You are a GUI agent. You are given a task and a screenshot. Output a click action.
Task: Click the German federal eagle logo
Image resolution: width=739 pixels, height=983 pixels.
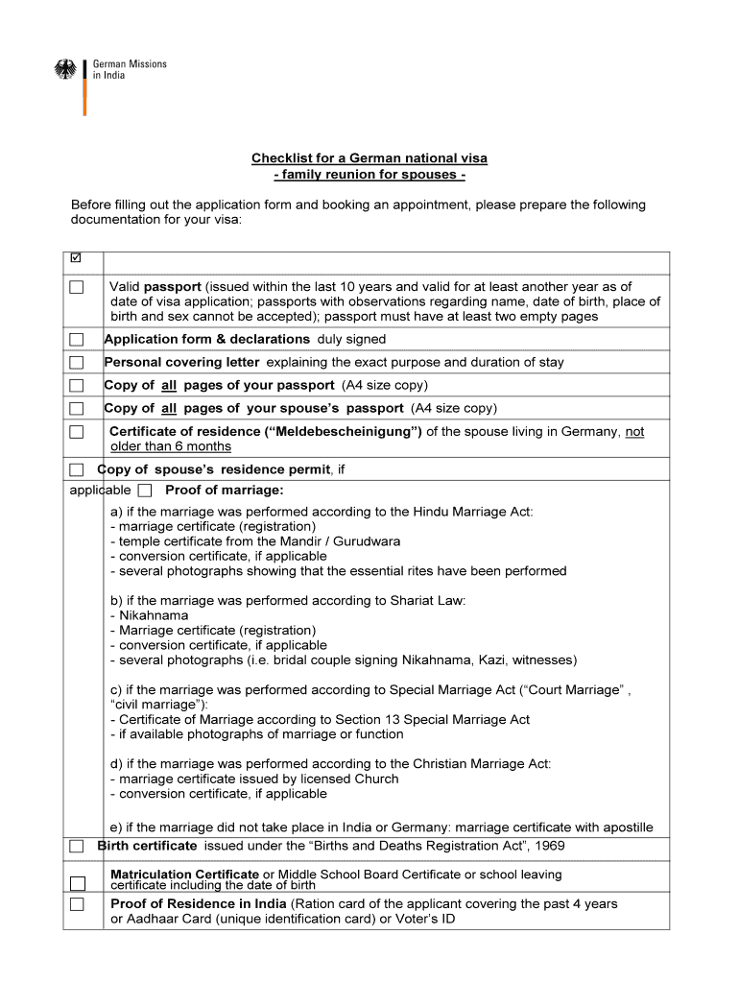click(65, 70)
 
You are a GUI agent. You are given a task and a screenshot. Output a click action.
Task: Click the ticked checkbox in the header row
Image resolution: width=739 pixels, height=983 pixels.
click(77, 259)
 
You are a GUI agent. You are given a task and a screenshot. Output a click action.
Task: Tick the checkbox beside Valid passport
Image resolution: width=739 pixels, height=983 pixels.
click(77, 287)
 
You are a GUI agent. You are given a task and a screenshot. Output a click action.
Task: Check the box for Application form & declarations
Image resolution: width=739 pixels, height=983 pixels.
click(77, 340)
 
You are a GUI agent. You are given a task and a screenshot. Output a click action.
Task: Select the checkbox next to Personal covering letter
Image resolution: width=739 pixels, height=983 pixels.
click(77, 363)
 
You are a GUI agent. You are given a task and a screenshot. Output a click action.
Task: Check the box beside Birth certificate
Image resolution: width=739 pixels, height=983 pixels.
click(77, 847)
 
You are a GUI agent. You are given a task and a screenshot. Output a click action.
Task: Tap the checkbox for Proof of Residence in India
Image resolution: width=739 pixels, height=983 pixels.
click(77, 904)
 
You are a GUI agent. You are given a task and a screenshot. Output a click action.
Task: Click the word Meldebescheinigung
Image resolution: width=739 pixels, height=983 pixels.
click(343, 432)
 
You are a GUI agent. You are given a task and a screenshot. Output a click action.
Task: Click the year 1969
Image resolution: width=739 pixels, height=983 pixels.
click(548, 846)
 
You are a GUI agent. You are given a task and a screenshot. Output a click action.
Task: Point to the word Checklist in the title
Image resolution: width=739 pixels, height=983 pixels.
click(280, 157)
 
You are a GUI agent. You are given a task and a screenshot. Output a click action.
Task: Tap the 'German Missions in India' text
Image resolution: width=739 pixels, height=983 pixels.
click(130, 70)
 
